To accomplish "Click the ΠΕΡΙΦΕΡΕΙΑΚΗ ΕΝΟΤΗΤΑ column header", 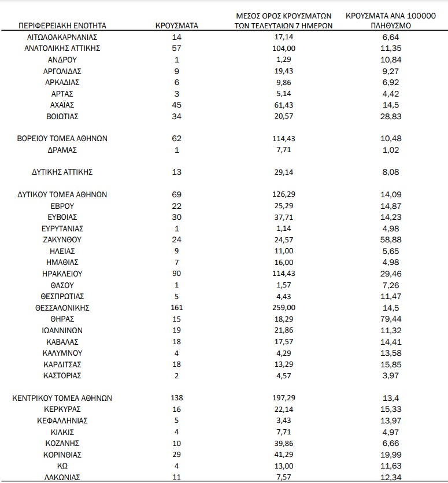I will [62, 26].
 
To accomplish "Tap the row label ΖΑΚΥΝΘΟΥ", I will [62, 239].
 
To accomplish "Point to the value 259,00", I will [283, 307].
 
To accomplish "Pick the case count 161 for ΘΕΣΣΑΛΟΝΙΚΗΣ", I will [177, 307].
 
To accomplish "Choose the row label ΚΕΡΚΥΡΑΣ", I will [62, 409].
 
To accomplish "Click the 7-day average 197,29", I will [283, 398].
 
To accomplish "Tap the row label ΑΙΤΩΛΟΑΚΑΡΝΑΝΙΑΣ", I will [62, 37].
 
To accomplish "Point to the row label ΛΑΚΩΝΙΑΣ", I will [62, 477].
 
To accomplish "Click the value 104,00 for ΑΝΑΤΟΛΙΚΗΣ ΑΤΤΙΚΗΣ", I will [283, 49].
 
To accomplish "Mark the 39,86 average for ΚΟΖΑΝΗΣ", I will [283, 443].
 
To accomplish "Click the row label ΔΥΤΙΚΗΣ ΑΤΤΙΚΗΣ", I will [62, 172].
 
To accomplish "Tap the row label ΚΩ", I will [62, 466].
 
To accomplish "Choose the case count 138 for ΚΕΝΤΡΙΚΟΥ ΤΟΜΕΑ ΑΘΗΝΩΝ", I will [177, 398].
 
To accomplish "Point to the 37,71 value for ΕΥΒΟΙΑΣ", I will [283, 217].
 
